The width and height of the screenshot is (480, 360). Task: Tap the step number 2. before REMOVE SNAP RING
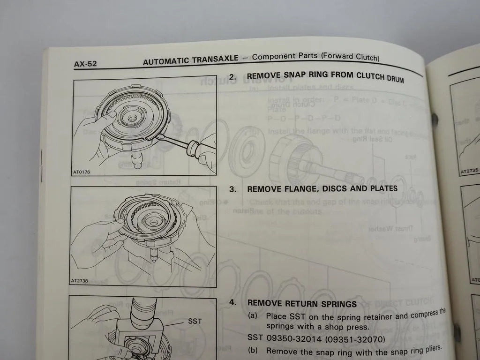tap(232, 75)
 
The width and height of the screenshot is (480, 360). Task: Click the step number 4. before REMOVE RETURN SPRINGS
tap(232, 302)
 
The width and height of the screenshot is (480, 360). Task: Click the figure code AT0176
tap(82, 172)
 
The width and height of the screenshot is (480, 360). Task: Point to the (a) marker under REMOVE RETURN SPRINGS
tap(254, 316)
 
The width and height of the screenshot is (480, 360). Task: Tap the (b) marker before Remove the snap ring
tap(254, 351)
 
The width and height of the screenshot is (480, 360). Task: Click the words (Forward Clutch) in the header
tap(350, 57)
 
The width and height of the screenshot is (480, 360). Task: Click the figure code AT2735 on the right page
tap(469, 172)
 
